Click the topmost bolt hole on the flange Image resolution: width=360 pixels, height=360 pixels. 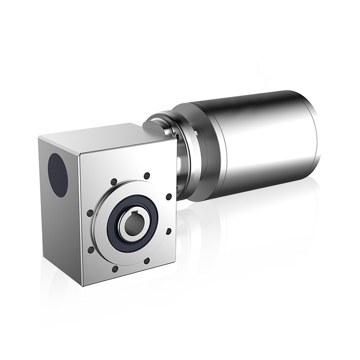(x=146, y=176)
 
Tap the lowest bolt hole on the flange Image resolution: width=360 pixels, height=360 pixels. (x=115, y=269)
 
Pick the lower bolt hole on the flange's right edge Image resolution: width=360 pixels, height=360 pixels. (x=168, y=230)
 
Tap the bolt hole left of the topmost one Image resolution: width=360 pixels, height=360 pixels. (x=113, y=181)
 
